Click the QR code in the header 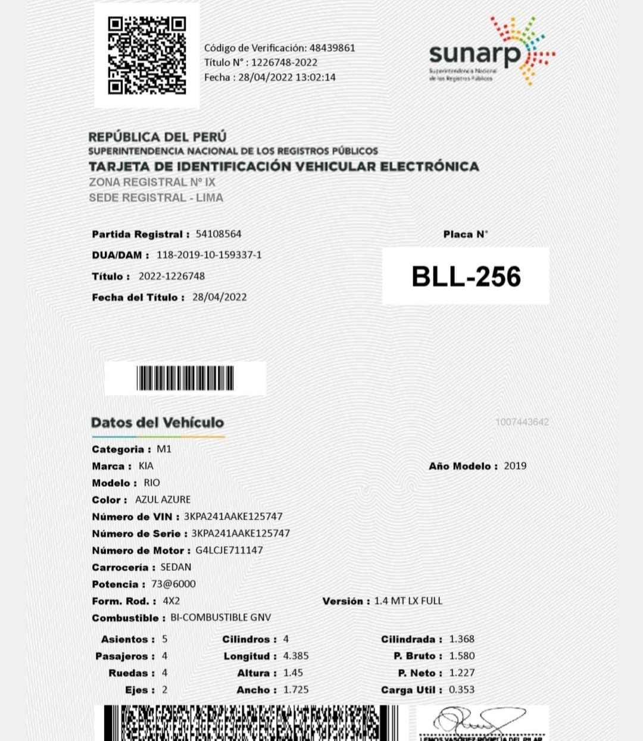pos(146,55)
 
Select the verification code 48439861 pos(332,48)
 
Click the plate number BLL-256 pos(466,276)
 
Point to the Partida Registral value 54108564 pos(219,234)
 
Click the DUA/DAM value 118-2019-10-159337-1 pos(209,255)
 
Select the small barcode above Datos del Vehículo pos(185,378)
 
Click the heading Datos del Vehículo pos(157,423)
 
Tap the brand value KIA pos(146,466)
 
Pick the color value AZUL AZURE pos(163,499)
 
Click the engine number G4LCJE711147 pos(229,550)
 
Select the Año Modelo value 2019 pos(515,466)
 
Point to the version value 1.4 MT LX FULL pos(408,601)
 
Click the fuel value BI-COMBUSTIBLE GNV pos(220,617)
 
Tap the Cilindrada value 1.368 pos(461,639)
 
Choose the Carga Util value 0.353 pos(461,689)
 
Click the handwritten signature pos(479,721)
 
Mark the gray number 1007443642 pos(522,422)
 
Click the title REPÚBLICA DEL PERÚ pos(157,137)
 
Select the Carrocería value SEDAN pos(176,567)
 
